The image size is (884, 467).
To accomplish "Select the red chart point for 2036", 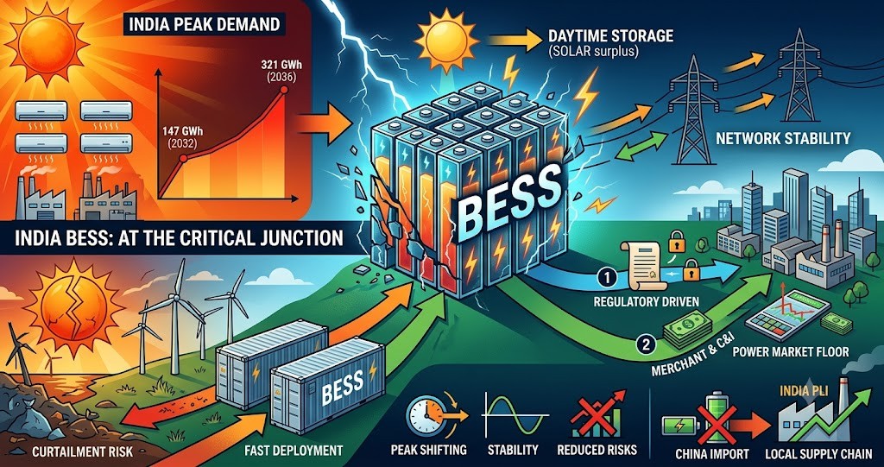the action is point(283,90).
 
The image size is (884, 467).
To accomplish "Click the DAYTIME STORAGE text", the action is point(610,36).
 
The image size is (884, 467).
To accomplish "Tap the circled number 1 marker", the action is point(603,277).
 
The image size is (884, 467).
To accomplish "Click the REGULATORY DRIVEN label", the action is point(646,302).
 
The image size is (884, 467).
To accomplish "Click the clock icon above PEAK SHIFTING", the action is point(425,417).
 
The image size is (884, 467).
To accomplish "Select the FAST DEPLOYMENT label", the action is point(294,451).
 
